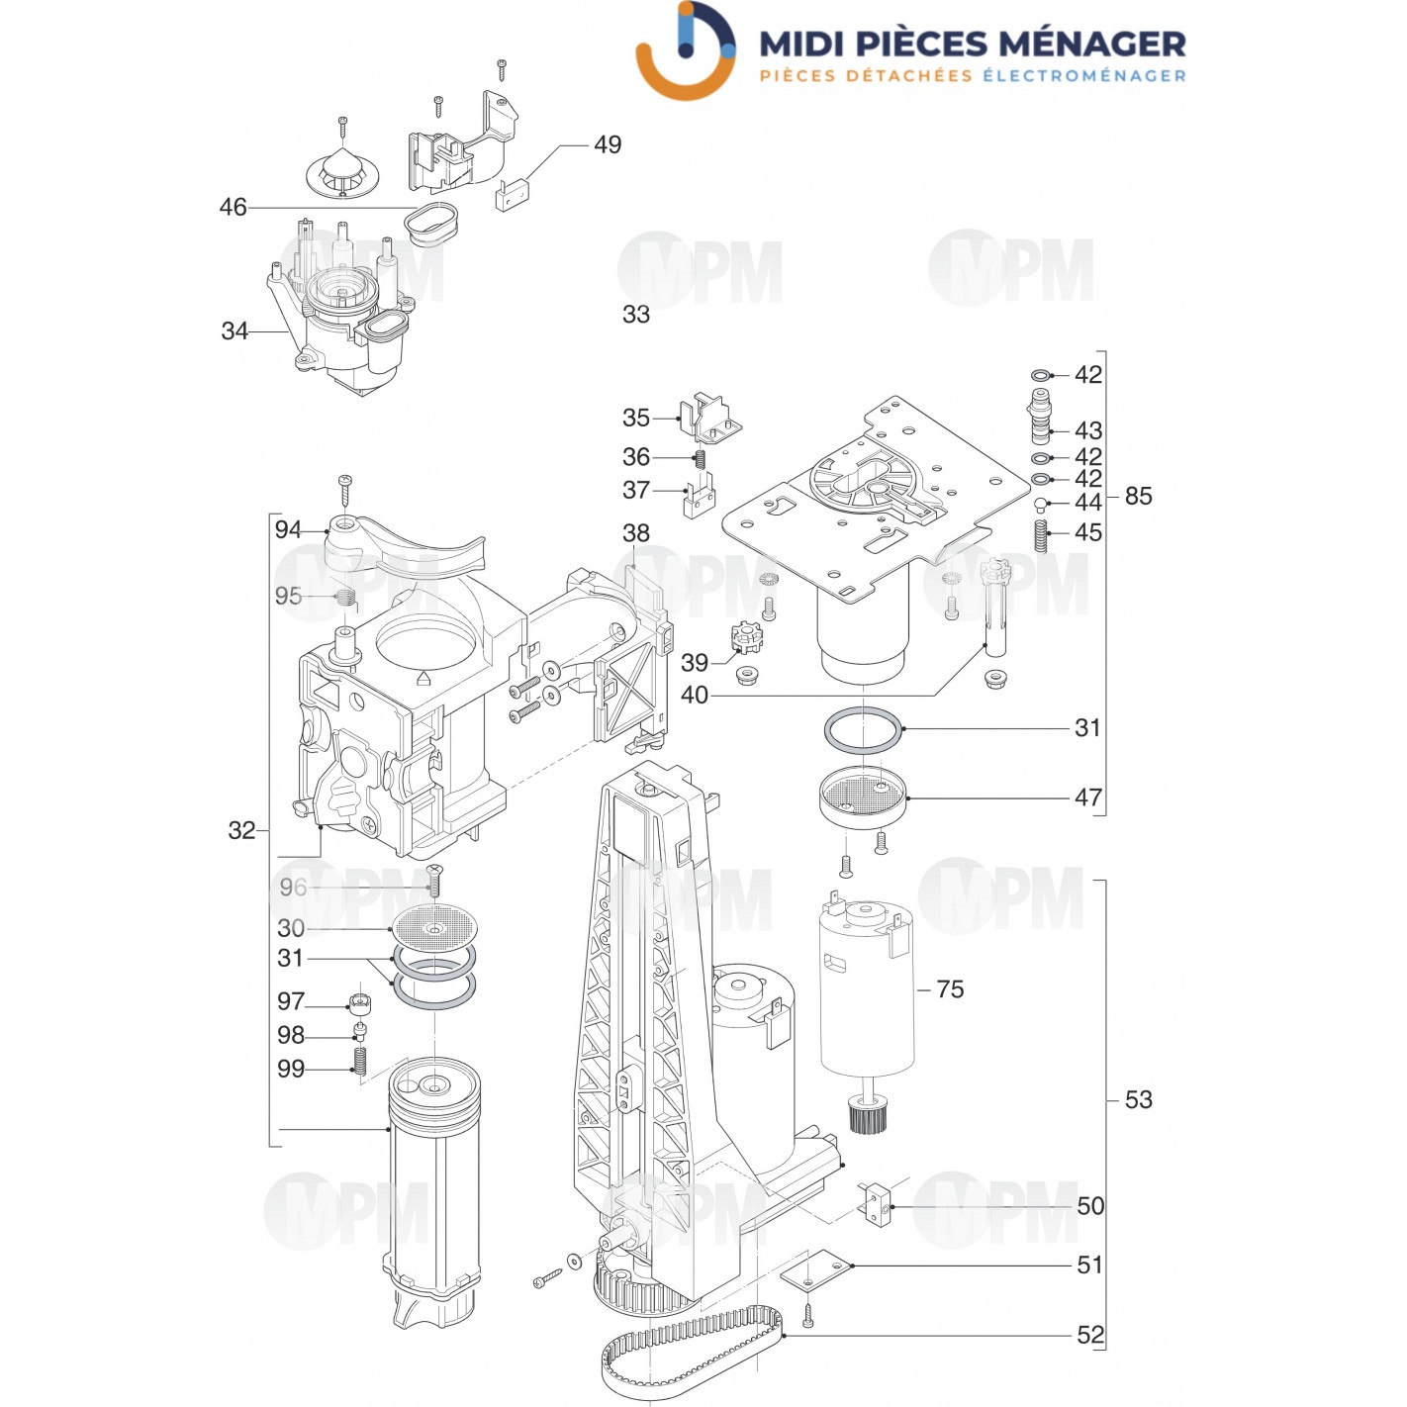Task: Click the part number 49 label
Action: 607,144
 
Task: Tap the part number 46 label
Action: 233,208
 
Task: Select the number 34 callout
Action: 234,331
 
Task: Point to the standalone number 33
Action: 636,315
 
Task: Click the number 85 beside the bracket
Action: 1138,497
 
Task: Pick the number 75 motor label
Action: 950,989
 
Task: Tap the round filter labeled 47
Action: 863,798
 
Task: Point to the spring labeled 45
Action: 1043,536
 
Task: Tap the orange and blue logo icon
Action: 686,51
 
